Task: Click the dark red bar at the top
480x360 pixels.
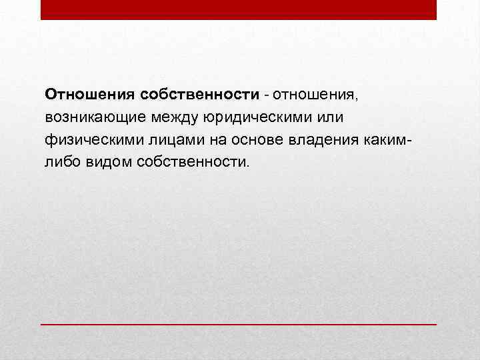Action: click(239, 9)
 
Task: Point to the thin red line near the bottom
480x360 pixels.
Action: click(239, 324)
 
